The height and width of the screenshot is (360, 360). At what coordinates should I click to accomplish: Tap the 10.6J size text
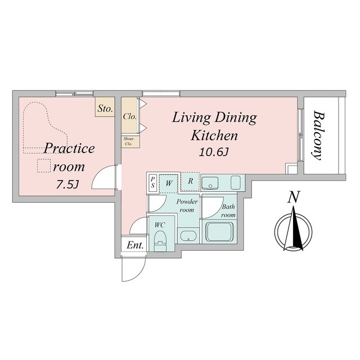pos(214,152)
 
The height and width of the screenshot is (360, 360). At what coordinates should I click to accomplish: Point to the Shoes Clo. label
pos(129,141)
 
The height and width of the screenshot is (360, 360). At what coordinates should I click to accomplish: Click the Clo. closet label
pos(129,117)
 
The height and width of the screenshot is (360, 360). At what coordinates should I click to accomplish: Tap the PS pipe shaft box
pos(152,182)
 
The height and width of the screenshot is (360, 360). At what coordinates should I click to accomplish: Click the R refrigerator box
pos(191,181)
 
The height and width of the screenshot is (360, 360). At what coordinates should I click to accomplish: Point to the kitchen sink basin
pos(211,182)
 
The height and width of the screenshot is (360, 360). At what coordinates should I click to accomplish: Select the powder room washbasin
pos(187,236)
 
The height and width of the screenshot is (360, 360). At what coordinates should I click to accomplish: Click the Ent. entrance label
pos(134,245)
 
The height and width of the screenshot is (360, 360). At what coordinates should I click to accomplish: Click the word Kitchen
pos(214,136)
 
